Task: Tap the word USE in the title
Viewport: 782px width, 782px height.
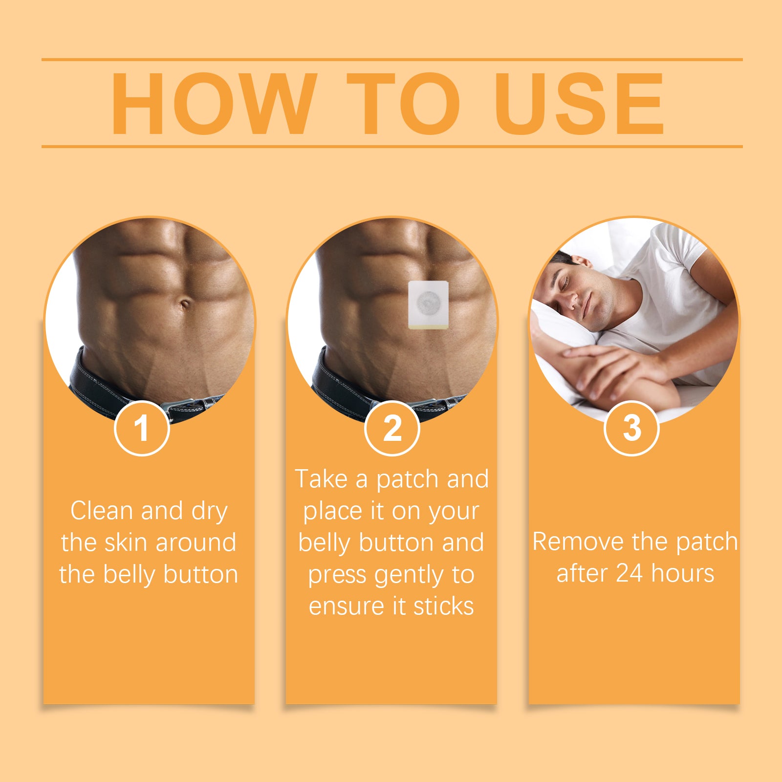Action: (x=579, y=104)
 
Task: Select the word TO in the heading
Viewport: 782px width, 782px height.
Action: (x=404, y=104)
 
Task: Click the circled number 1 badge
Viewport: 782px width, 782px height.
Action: (x=142, y=428)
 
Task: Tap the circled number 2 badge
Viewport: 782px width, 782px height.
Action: (x=392, y=428)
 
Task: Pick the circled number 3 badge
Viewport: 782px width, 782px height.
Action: (x=631, y=428)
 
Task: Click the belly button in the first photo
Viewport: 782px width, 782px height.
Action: (x=185, y=305)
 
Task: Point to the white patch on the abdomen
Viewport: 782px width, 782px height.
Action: (x=428, y=304)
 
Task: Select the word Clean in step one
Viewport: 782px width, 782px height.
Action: (x=102, y=511)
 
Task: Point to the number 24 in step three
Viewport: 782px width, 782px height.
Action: (x=629, y=573)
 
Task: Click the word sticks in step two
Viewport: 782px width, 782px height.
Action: (x=443, y=606)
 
